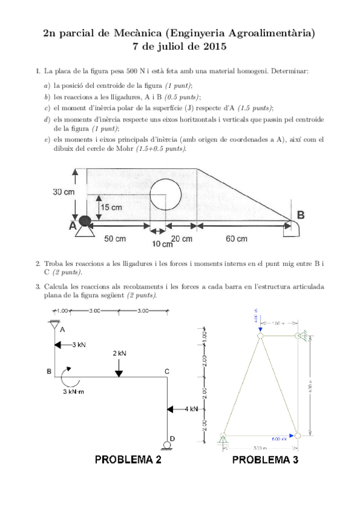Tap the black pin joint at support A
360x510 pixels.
point(85,221)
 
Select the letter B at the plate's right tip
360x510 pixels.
point(301,215)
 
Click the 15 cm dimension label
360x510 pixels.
point(111,207)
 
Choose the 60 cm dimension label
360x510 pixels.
point(236,238)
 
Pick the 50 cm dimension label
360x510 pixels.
point(115,238)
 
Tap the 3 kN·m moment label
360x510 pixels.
point(76,392)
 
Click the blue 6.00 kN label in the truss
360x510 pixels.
point(278,438)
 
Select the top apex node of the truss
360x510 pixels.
point(260,337)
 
